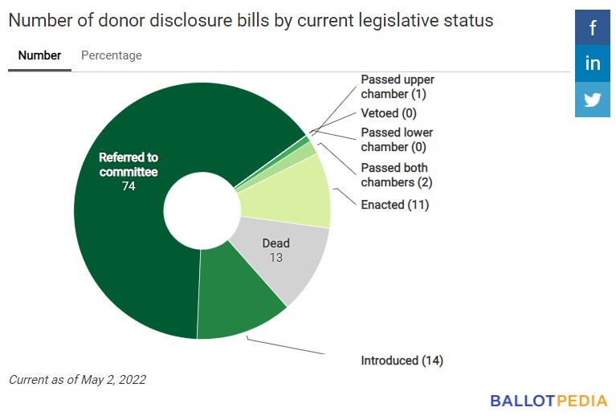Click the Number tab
tap(39, 55)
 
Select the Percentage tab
tap(112, 55)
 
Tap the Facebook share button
tap(593, 28)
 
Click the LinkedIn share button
tap(593, 64)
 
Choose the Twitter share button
tap(593, 100)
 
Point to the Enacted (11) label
tap(395, 205)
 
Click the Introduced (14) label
tap(402, 361)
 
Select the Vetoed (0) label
tap(389, 113)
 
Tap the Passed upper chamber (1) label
tap(397, 87)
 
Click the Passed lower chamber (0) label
tap(397, 140)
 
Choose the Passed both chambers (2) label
tap(397, 175)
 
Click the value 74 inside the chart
tap(129, 186)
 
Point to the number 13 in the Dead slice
tap(275, 258)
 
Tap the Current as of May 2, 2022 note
tap(77, 379)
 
